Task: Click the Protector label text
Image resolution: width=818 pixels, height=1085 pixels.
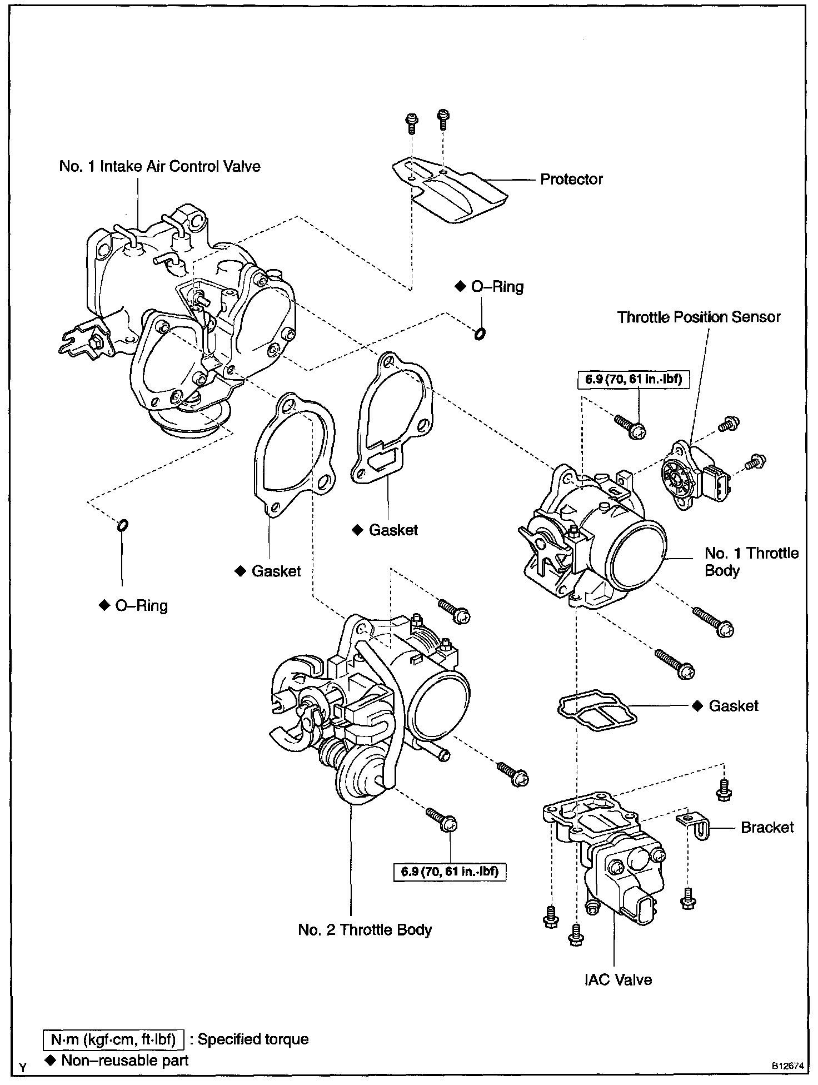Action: [x=571, y=180]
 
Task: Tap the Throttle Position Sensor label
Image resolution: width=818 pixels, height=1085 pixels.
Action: [x=699, y=317]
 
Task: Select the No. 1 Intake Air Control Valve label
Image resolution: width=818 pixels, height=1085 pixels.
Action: [x=160, y=167]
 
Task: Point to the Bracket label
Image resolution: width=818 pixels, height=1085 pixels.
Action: [x=767, y=827]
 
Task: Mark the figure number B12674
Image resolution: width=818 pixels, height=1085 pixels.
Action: [x=787, y=1067]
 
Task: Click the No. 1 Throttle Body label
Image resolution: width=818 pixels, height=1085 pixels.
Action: [x=751, y=562]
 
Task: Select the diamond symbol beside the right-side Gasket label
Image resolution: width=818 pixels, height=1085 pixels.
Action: [x=697, y=706]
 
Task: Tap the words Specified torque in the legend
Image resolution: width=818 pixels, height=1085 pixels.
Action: [x=253, y=1039]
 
